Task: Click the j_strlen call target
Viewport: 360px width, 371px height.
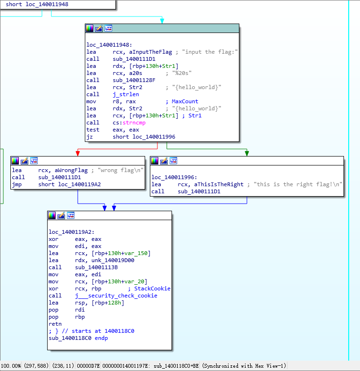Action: [x=126, y=94]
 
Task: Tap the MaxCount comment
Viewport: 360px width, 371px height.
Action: [x=185, y=101]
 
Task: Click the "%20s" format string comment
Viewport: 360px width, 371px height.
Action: [x=185, y=73]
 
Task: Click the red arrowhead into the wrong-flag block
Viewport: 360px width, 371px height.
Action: [x=78, y=153]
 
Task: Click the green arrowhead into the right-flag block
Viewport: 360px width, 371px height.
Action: [x=246, y=153]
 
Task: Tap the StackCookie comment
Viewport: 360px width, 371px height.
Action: [x=152, y=289]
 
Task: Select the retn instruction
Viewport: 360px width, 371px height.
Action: [x=55, y=324]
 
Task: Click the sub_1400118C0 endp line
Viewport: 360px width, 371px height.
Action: [x=78, y=338]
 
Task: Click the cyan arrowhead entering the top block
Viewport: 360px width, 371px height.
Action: [x=162, y=20]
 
